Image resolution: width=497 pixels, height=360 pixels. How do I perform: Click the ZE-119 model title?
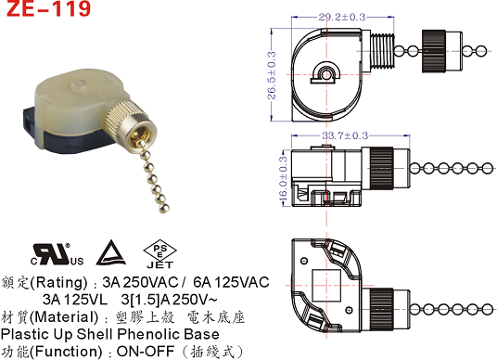click(x=48, y=8)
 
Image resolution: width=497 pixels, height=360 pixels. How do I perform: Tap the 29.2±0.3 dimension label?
click(x=342, y=17)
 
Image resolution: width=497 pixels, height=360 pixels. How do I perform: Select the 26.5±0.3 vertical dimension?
click(x=272, y=75)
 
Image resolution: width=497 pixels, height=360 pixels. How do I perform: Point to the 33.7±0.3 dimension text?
click(x=345, y=135)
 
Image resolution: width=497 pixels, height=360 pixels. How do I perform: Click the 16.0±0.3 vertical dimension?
click(x=283, y=178)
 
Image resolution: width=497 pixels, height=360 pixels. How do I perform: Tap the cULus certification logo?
click(x=57, y=254)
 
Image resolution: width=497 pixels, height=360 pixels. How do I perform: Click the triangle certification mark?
click(x=111, y=252)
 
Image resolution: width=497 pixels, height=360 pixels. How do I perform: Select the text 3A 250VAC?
click(x=140, y=282)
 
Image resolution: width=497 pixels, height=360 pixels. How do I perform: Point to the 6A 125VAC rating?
click(x=232, y=282)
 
